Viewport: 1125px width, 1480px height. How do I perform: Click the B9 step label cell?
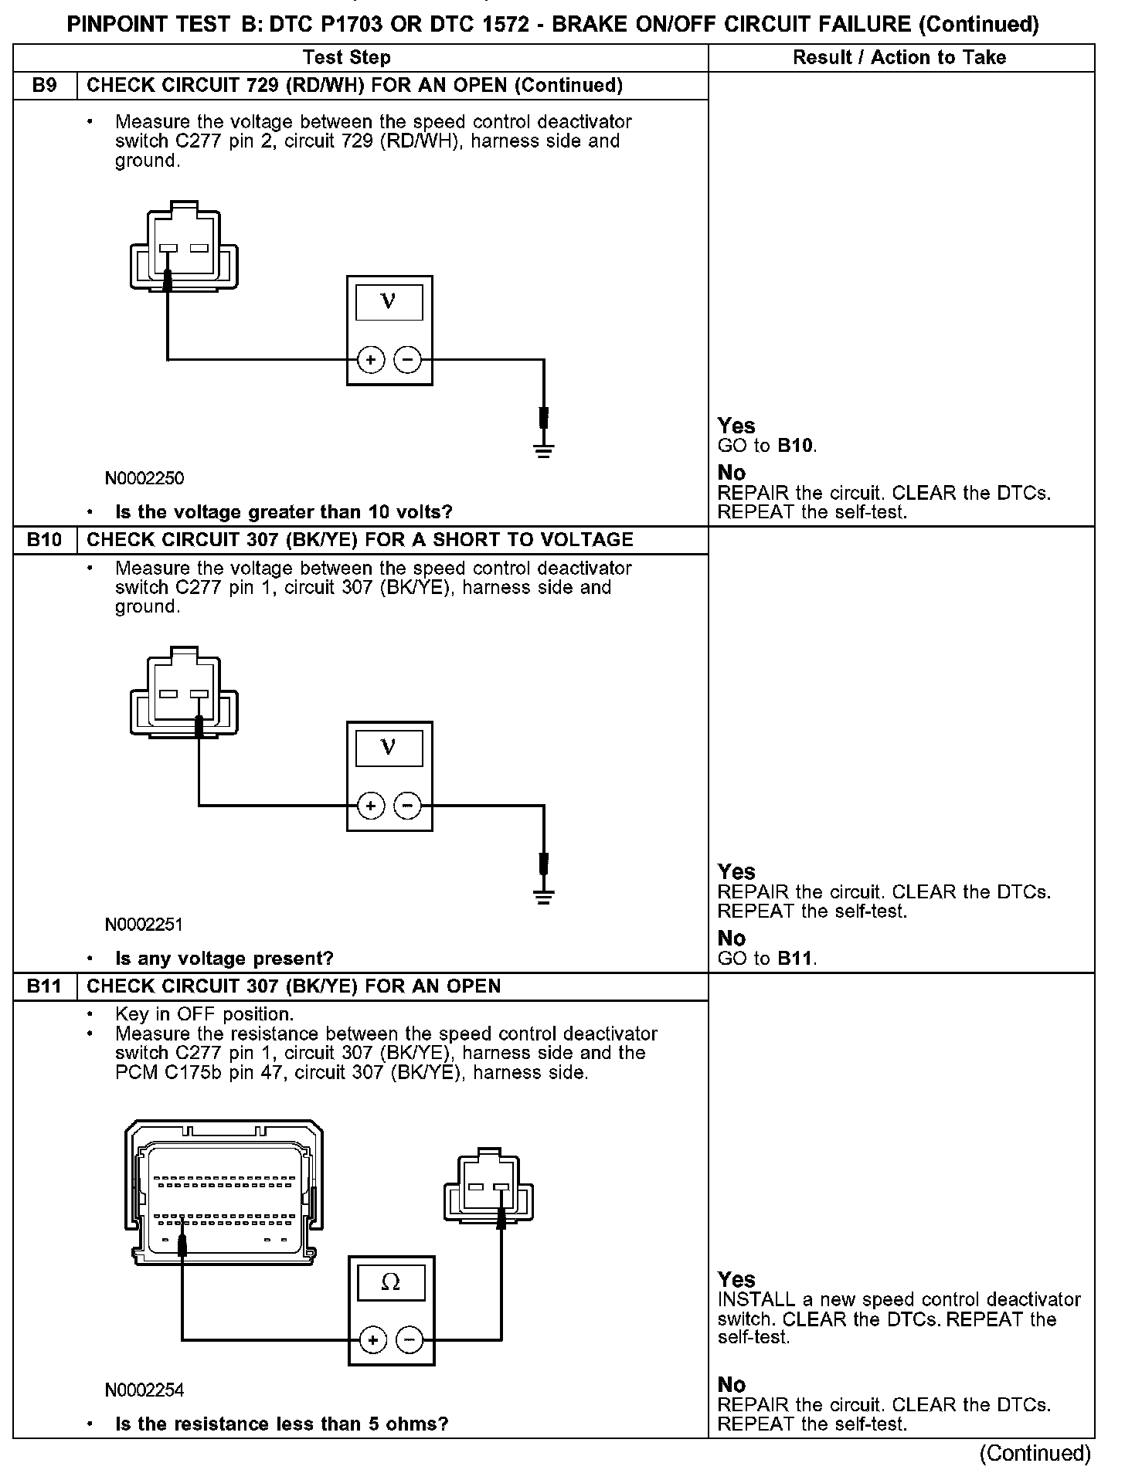coord(45,86)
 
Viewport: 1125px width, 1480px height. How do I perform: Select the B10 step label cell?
coord(45,540)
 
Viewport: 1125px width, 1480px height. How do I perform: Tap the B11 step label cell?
coord(45,986)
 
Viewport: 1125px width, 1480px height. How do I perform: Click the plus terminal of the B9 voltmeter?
coord(371,360)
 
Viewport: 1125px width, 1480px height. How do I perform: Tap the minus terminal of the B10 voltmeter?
coord(408,806)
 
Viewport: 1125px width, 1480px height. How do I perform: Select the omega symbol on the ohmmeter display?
coord(391,1283)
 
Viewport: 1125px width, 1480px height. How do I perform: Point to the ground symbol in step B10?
coord(544,896)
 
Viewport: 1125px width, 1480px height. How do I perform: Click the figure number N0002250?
coord(145,479)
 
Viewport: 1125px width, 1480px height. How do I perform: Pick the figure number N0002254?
coord(145,1390)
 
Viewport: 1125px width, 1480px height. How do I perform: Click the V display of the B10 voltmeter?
coord(389,748)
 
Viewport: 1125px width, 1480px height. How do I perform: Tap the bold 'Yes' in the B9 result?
coord(736,426)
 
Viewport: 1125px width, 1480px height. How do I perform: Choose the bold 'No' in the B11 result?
coord(732,1384)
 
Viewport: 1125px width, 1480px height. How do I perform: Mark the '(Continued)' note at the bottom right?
coord(1035,1454)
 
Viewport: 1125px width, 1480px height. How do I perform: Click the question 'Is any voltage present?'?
coord(224,959)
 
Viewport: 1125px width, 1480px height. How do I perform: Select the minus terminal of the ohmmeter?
coord(410,1339)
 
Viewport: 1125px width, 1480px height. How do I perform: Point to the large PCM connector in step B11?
coord(224,1193)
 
